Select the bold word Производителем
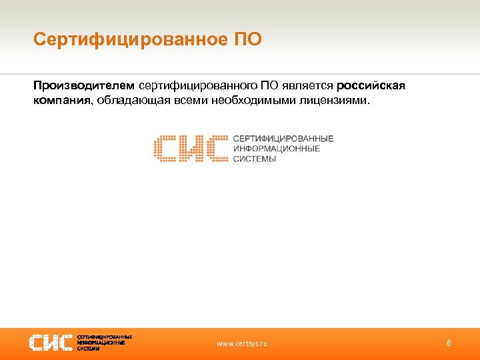coord(84,85)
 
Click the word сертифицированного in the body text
coord(198,85)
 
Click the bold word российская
coord(371,85)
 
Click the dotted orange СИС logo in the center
coord(191,148)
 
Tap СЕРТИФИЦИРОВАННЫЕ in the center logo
coord(283,138)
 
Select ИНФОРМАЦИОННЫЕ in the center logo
coord(276,148)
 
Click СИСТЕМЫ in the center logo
coord(254,159)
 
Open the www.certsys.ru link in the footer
coord(242,344)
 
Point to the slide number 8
coord(449,343)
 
